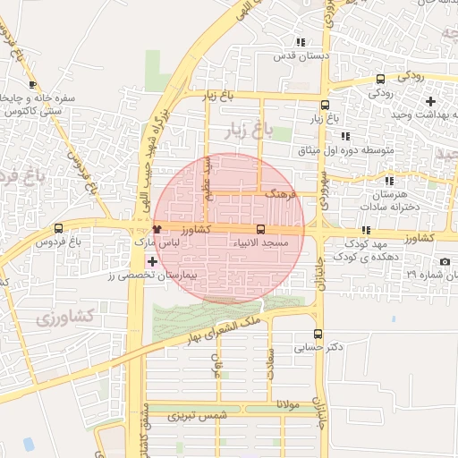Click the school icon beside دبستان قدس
coord(301,41)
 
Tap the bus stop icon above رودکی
coord(380,79)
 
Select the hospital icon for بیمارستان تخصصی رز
coord(151,262)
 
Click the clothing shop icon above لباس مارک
coord(157,229)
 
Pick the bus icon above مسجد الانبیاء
coord(260,229)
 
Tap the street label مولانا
coord(292,403)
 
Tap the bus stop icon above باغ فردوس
coord(59,228)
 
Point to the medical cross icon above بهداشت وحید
coord(430,100)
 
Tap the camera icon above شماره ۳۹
coord(445,261)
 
